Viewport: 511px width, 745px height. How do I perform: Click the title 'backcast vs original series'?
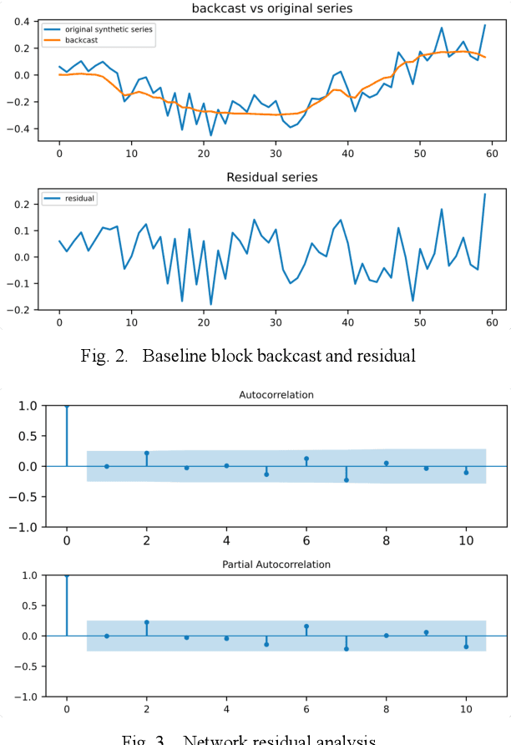271,8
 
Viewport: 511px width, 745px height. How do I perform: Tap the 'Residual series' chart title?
272,178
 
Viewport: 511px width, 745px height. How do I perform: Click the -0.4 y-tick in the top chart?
18,129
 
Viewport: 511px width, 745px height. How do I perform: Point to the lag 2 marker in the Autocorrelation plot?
147,453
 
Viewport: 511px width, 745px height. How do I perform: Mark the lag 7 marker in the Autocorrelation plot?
347,479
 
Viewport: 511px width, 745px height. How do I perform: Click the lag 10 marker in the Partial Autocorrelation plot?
466,646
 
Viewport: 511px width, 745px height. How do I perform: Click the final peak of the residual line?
484,195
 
